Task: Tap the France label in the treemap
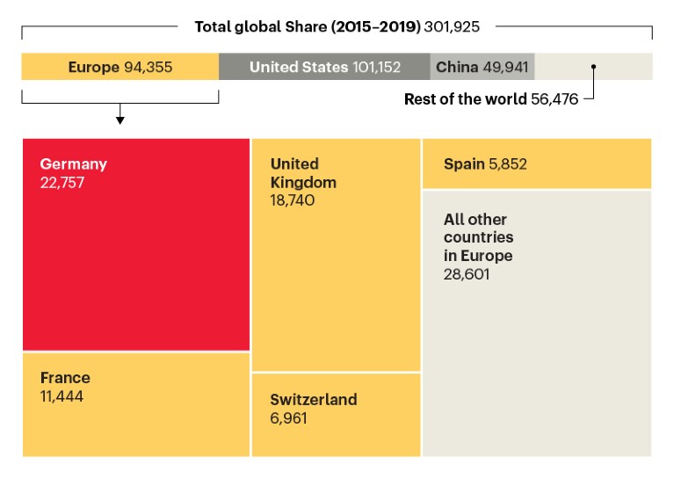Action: click(65, 378)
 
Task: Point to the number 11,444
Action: click(62, 396)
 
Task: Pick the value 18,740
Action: click(294, 200)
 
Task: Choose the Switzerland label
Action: click(314, 400)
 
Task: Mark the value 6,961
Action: click(288, 417)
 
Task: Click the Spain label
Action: click(464, 163)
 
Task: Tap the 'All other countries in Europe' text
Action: click(479, 237)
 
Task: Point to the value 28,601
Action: click(467, 274)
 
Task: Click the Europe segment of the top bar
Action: click(120, 67)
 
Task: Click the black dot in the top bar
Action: click(594, 67)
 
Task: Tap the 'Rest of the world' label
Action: click(465, 99)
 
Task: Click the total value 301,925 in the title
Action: click(452, 26)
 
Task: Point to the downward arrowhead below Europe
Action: click(120, 120)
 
